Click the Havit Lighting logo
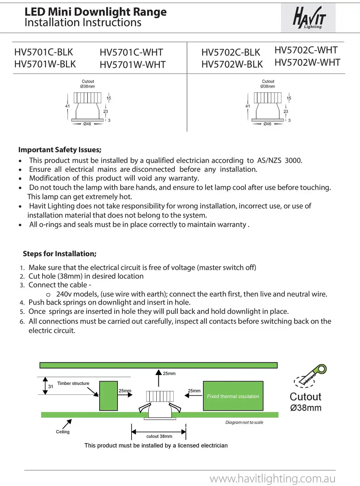309,17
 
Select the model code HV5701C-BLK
44,52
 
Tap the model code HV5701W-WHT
132,65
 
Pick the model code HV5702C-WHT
306,50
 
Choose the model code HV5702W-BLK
232,64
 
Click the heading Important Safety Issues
60,150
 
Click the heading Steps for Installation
60,254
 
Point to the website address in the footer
273,479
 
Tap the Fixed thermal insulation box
233,396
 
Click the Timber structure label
73,383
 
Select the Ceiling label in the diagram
63,432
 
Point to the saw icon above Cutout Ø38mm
310,375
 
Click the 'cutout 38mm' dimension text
159,436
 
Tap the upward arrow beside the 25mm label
159,378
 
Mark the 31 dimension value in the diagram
51,386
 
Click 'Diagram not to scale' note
244,422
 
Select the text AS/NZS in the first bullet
269,160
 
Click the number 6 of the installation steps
22,322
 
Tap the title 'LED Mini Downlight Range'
96,12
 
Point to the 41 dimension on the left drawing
68,106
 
